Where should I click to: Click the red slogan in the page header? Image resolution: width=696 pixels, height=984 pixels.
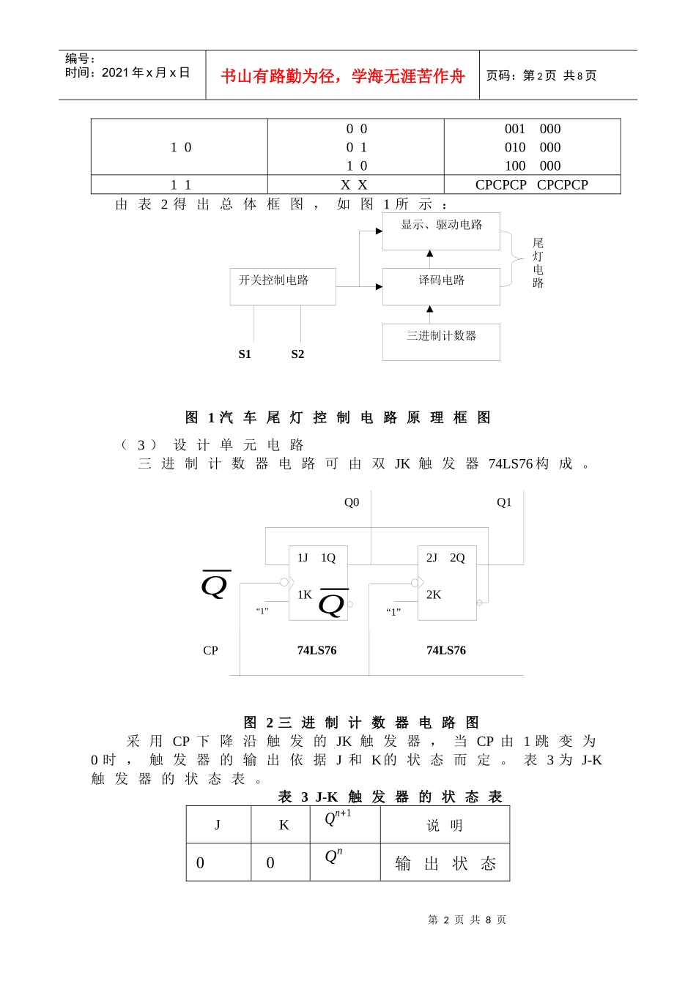pyautogui.click(x=342, y=76)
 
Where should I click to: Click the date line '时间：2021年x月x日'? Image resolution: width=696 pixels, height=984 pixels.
pyautogui.click(x=127, y=72)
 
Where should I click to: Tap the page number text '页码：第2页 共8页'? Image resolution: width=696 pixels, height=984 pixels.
pyautogui.click(x=541, y=75)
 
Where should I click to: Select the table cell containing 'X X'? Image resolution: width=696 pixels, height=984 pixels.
pyautogui.click(x=355, y=185)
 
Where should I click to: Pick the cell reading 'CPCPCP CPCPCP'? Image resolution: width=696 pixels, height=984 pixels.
pyautogui.click(x=532, y=185)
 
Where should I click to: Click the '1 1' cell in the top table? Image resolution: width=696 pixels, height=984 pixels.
pyautogui.click(x=180, y=185)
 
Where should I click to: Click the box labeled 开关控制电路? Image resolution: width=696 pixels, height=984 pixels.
pyautogui.click(x=283, y=286)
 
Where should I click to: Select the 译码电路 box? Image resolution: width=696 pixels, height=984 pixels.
pyautogui.click(x=441, y=286)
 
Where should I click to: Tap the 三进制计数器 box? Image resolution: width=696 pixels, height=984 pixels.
pyautogui.click(x=441, y=342)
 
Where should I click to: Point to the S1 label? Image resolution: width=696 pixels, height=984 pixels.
pyautogui.click(x=245, y=354)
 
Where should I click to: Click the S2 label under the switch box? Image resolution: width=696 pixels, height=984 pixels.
pyautogui.click(x=297, y=354)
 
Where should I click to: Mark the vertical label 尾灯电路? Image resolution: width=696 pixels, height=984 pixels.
pyautogui.click(x=538, y=263)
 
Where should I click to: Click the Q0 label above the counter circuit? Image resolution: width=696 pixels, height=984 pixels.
pyautogui.click(x=352, y=502)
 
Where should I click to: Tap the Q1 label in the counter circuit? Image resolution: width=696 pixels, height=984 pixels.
pyautogui.click(x=504, y=502)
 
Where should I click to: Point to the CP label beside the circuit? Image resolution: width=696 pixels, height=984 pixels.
pyautogui.click(x=210, y=650)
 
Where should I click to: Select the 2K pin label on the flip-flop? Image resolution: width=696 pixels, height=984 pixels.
pyautogui.click(x=434, y=594)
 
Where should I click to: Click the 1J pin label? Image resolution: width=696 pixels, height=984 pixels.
pyautogui.click(x=303, y=558)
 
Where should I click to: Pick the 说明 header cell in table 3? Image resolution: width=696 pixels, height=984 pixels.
pyautogui.click(x=445, y=826)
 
